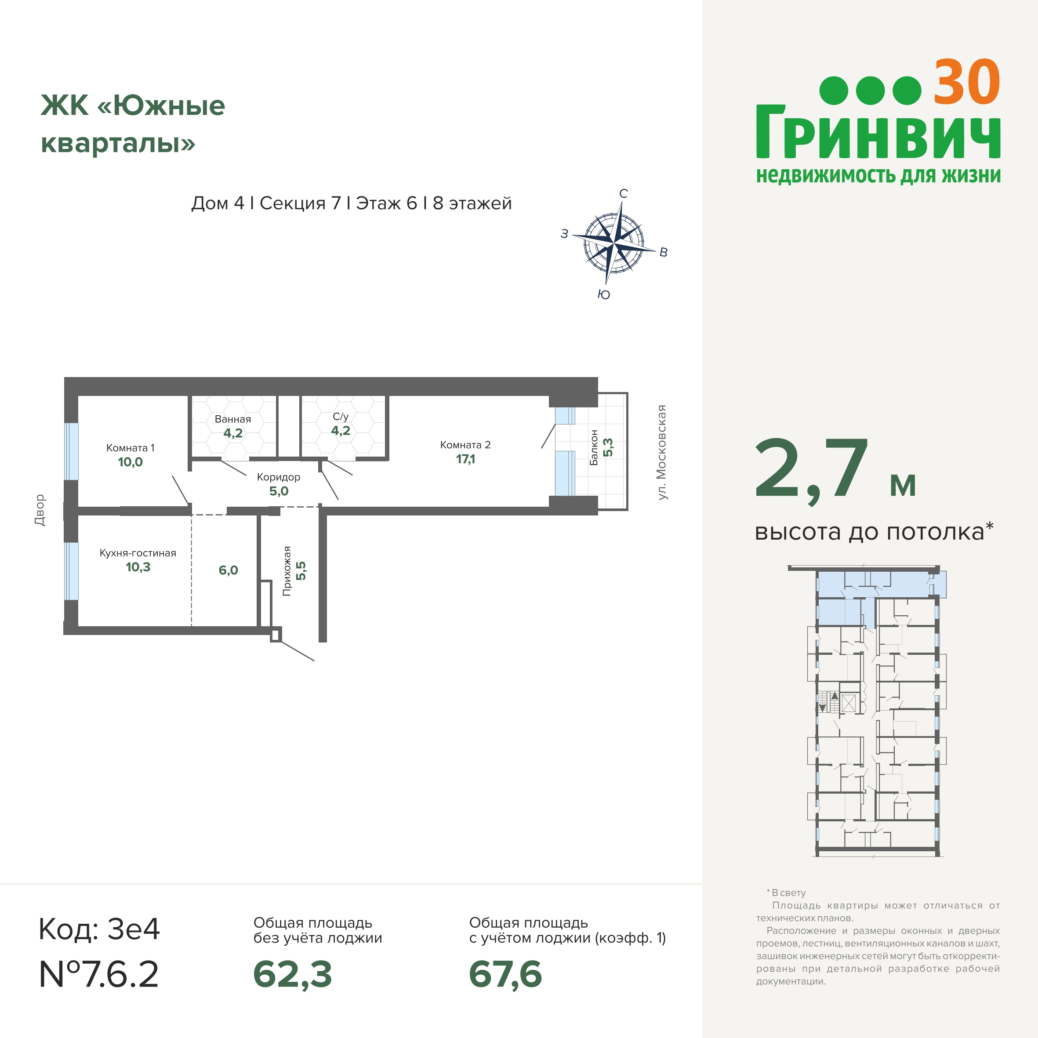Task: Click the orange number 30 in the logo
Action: point(966,83)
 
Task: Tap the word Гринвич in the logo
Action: point(878,132)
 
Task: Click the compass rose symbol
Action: point(613,243)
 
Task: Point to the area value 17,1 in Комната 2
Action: point(465,459)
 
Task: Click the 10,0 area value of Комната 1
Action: point(130,462)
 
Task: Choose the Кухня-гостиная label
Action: point(138,553)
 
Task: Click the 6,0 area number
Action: point(229,570)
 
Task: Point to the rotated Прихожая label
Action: point(287,571)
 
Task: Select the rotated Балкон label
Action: point(594,447)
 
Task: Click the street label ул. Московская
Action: point(662,452)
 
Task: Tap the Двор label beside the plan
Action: point(40,510)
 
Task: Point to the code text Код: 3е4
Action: point(99,929)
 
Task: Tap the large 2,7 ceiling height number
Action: point(811,469)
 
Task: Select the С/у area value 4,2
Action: point(341,430)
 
